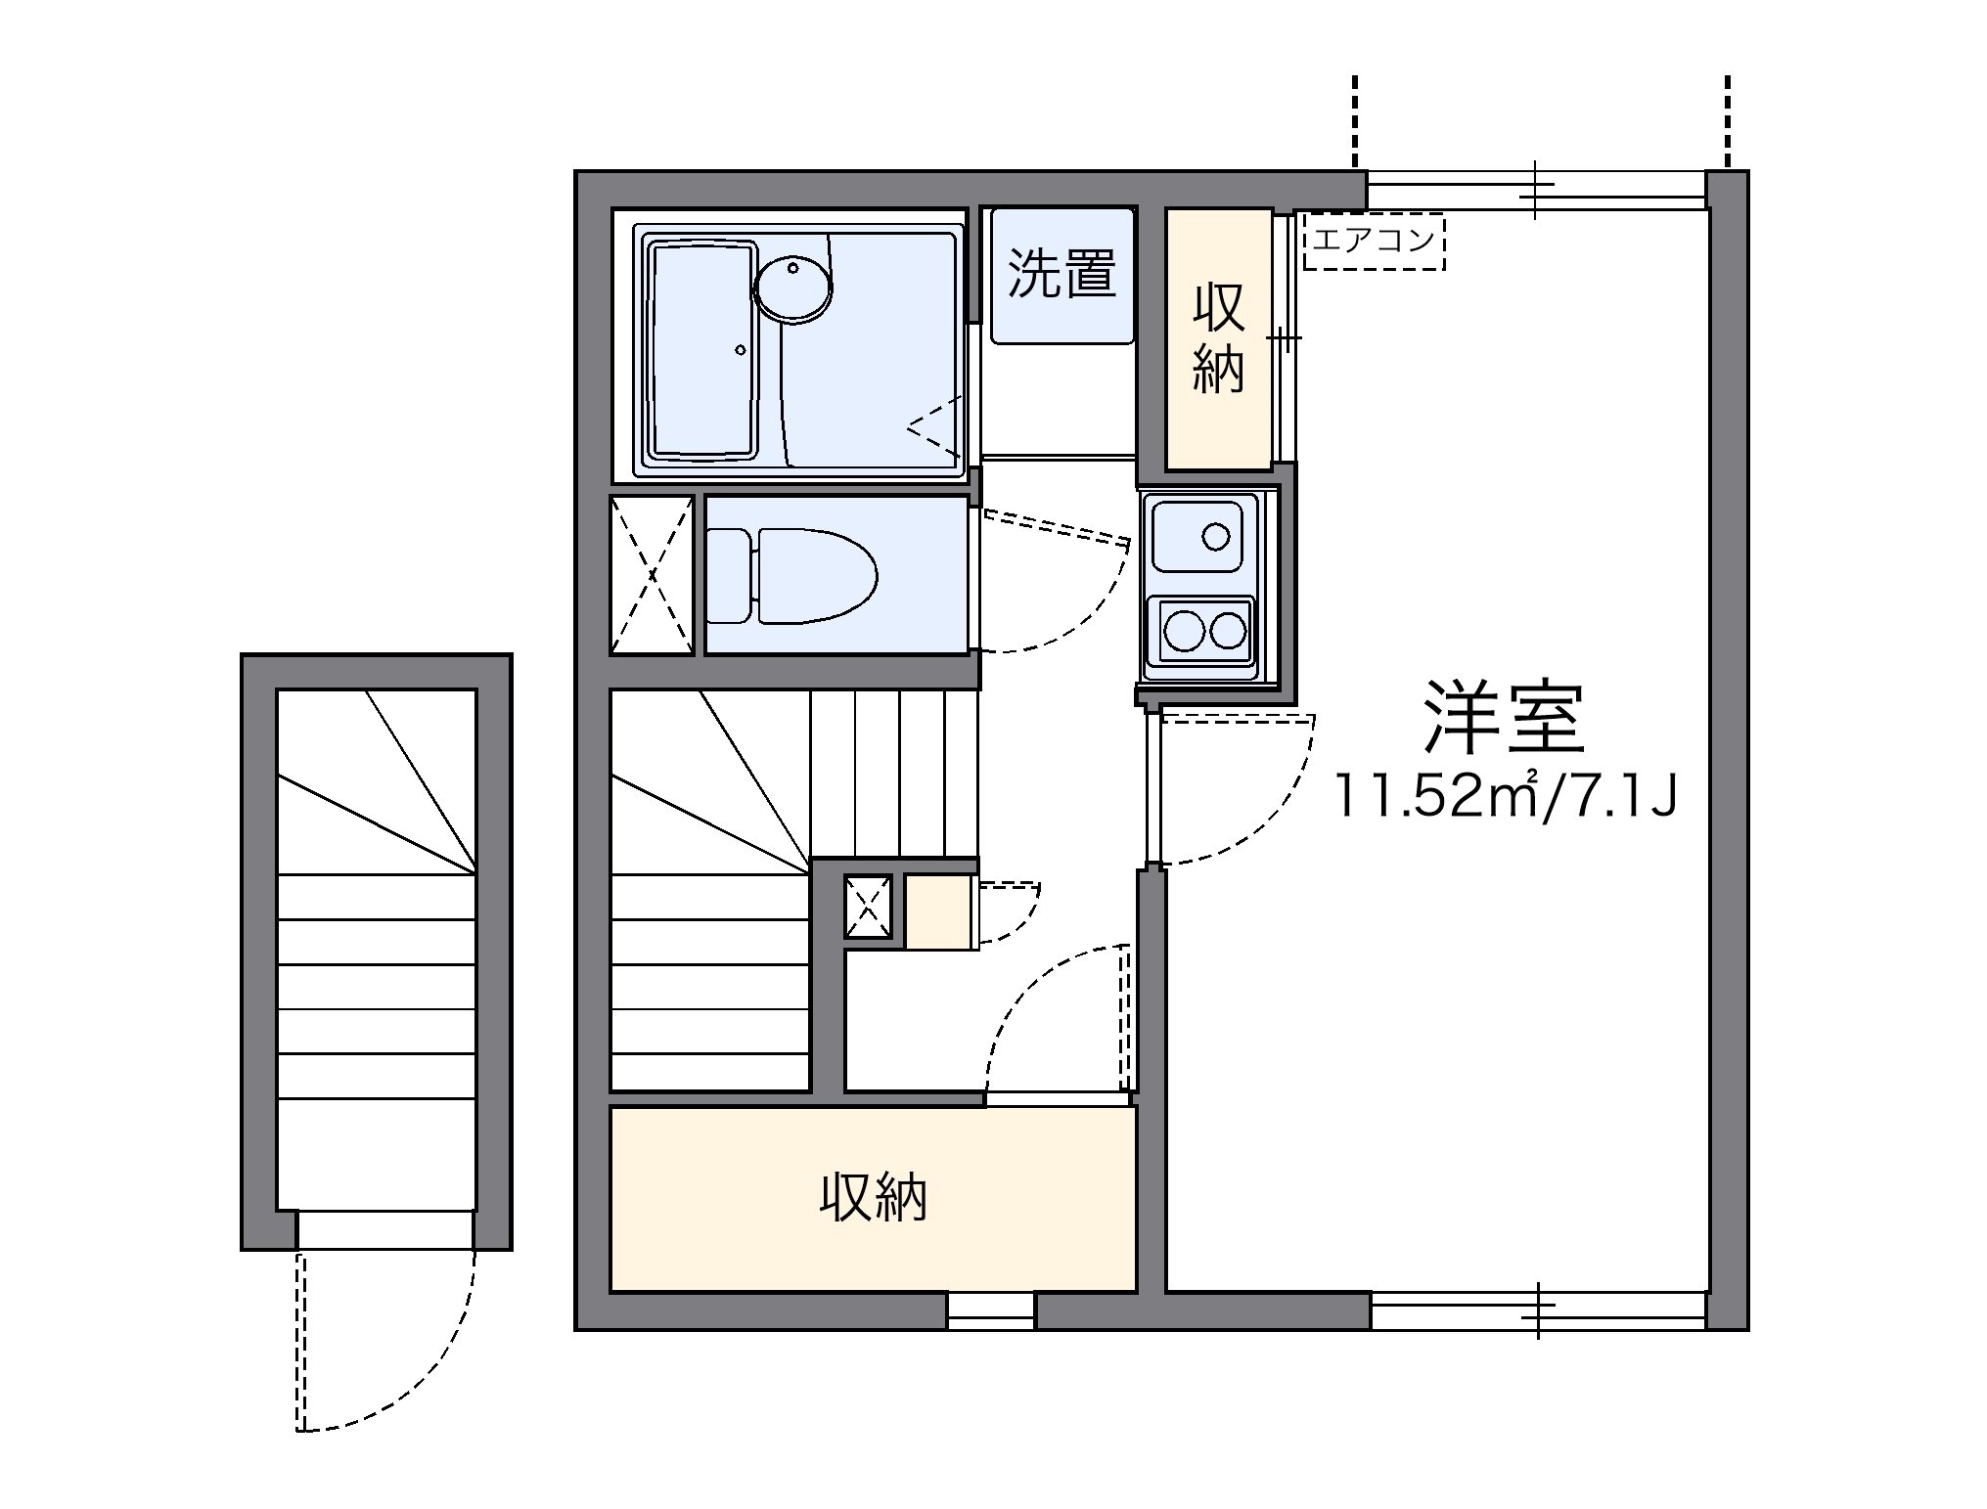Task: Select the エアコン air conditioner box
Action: [1374, 242]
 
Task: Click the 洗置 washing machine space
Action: [1061, 275]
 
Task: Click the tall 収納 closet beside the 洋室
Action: [1219, 338]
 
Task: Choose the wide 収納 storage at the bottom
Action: [873, 1198]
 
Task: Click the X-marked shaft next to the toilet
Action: [652, 575]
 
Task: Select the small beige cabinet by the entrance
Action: [939, 912]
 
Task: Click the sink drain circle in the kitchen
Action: [1216, 536]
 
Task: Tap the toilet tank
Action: [729, 576]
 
